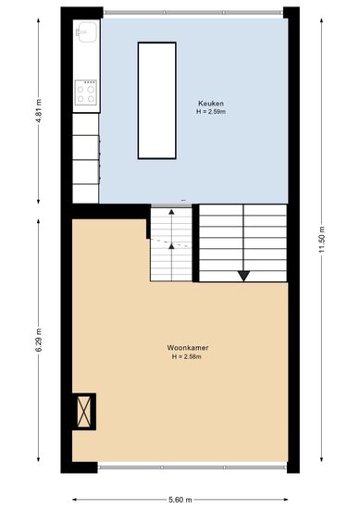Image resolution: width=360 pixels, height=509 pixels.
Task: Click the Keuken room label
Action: [211, 104]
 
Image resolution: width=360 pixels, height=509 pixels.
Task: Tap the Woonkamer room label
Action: [188, 348]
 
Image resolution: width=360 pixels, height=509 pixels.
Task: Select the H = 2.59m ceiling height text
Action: [211, 112]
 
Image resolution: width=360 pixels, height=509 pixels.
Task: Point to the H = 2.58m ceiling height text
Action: [187, 356]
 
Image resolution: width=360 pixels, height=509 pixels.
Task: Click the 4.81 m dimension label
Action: [39, 110]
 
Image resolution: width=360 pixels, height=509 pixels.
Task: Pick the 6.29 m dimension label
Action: [39, 340]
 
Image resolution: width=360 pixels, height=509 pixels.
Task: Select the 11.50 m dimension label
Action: [322, 240]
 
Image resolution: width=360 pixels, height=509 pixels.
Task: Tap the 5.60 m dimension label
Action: [180, 499]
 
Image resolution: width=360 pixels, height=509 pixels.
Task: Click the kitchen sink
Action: [86, 32]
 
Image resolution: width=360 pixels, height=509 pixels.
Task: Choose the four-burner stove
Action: [86, 93]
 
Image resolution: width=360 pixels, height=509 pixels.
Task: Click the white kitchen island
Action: [157, 101]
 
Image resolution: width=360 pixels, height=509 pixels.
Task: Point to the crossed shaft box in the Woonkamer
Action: [83, 412]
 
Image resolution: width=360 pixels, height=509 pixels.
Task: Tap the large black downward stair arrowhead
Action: [243, 276]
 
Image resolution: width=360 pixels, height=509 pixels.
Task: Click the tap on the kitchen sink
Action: [80, 31]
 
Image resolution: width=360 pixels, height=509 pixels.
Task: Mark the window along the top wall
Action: [193, 13]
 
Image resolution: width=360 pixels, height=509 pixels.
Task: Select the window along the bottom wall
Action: [192, 467]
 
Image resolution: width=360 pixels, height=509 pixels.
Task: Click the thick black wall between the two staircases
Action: [195, 242]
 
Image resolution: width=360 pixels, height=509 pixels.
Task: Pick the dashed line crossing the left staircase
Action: [168, 242]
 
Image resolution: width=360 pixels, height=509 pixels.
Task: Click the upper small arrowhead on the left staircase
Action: [171, 212]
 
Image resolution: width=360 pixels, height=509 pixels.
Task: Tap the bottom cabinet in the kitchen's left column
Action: [85, 193]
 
